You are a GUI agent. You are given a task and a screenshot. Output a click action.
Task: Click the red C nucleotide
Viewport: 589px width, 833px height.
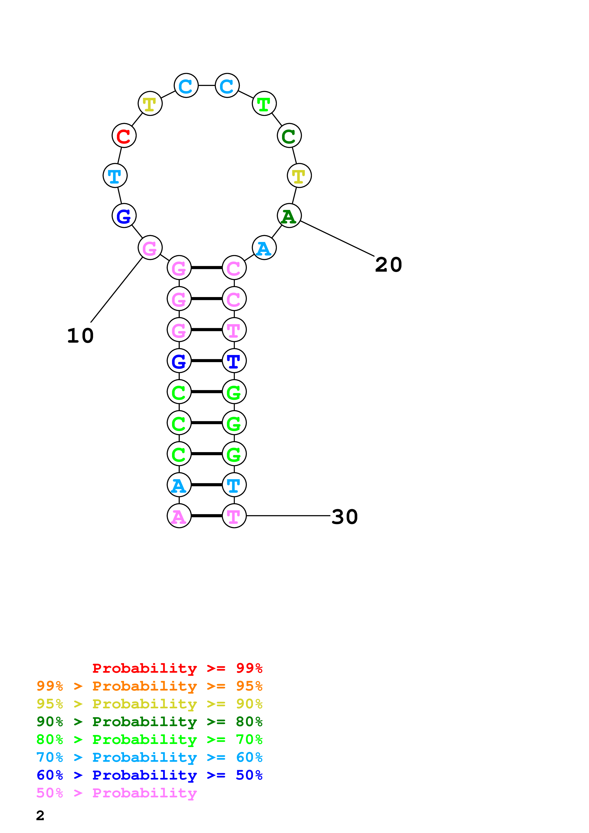[x=124, y=136]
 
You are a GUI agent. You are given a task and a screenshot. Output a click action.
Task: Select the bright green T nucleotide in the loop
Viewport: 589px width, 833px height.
[x=264, y=104]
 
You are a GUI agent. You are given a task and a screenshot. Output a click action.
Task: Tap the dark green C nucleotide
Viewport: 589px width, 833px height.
[x=289, y=136]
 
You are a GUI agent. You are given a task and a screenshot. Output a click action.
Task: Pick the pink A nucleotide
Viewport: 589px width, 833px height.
[x=179, y=516]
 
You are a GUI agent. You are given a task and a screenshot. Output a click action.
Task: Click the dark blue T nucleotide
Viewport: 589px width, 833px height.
[x=234, y=361]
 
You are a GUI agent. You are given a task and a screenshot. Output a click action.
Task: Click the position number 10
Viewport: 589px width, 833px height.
[x=81, y=336]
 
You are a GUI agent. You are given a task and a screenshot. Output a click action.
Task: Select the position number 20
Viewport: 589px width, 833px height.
[x=388, y=265]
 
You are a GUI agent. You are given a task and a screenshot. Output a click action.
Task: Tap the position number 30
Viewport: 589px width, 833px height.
[x=345, y=517]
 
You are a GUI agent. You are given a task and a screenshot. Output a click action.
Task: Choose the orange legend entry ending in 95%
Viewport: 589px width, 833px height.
[x=149, y=686]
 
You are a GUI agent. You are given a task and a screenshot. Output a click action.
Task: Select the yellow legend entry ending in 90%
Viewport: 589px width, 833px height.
[x=149, y=704]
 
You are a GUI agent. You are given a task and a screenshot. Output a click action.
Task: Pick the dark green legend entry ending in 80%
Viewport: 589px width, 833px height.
[x=149, y=722]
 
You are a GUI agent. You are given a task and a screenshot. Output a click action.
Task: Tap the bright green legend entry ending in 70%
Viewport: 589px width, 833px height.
[x=149, y=739]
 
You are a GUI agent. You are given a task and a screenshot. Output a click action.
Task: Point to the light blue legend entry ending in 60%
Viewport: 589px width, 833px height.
[x=149, y=757]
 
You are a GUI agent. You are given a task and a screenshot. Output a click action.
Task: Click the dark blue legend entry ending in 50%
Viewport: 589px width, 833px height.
[x=149, y=775]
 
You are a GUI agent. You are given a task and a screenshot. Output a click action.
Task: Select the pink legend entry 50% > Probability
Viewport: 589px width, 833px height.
[x=116, y=793]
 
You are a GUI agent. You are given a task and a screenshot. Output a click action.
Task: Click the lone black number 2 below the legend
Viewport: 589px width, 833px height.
[x=40, y=815]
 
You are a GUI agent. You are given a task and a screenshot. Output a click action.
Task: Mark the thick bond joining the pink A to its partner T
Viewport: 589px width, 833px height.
[x=206, y=516]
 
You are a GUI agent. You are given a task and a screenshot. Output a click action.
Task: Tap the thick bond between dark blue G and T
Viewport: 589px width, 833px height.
[x=206, y=361]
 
